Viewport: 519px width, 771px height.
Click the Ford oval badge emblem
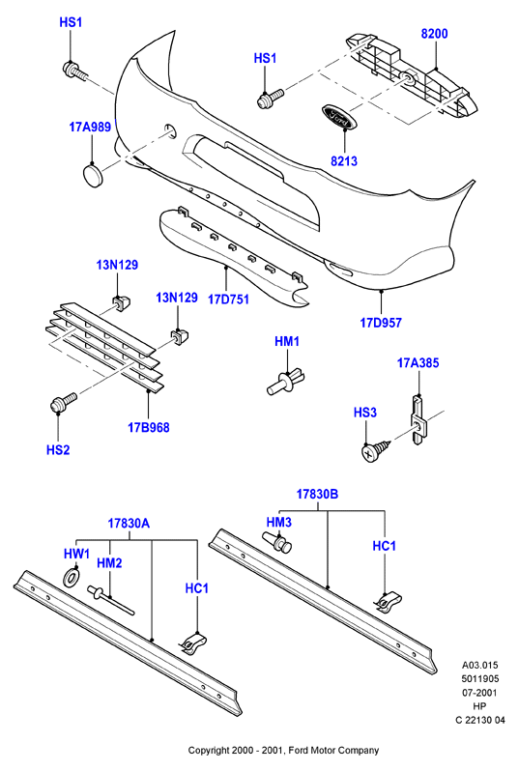point(337,117)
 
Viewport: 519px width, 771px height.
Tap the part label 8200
point(434,34)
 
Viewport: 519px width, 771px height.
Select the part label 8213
point(344,160)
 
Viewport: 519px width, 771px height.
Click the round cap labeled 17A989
point(92,176)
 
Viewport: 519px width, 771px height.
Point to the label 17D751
point(229,299)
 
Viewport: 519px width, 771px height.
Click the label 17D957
point(381,323)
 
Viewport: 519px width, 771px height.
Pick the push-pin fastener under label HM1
point(286,380)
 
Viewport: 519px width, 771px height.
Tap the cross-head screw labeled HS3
point(376,450)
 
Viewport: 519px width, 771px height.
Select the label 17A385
point(418,363)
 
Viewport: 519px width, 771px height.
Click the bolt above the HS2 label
point(64,402)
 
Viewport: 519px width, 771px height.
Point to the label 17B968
point(149,427)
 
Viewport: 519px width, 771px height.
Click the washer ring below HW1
point(72,577)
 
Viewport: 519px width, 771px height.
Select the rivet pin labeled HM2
point(111,599)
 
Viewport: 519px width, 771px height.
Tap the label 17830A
point(129,524)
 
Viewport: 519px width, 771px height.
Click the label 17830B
point(317,494)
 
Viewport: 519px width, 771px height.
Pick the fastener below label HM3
point(278,541)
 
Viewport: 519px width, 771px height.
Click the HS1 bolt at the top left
point(74,71)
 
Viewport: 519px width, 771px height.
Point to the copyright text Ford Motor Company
point(333,751)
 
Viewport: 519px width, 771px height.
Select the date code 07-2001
point(480,693)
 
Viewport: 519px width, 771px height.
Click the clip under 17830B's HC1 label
point(389,602)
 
